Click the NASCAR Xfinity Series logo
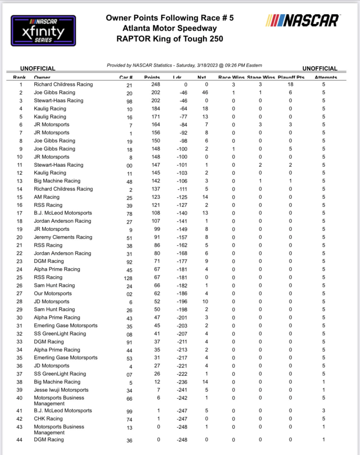[x=43, y=31]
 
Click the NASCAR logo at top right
[x=303, y=20]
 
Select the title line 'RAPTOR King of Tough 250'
[x=169, y=39]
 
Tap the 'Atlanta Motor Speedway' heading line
[x=169, y=28]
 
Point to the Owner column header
[x=43, y=77]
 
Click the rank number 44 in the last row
[x=20, y=439]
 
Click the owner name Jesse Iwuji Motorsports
[x=61, y=390]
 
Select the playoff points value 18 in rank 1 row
[x=290, y=85]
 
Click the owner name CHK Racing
[x=48, y=419]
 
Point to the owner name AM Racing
[x=47, y=197]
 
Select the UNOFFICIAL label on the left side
[x=38, y=68]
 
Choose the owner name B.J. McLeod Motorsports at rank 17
[x=63, y=213]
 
